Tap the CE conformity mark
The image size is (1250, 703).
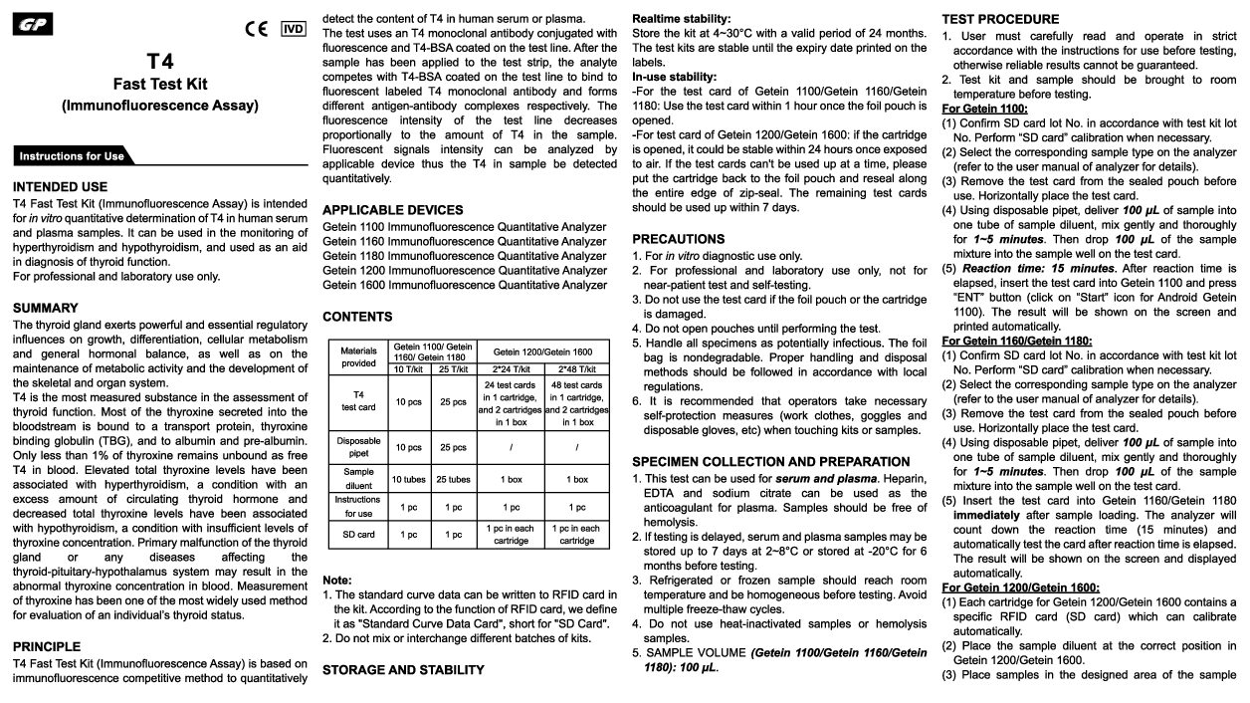click(257, 28)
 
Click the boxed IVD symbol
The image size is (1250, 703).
click(294, 28)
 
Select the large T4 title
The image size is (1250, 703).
click(159, 62)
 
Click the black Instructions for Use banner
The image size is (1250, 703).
click(72, 155)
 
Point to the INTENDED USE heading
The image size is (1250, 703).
click(60, 186)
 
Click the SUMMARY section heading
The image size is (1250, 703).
click(45, 308)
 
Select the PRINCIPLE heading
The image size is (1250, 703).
click(47, 646)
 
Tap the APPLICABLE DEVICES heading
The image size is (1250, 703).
click(393, 210)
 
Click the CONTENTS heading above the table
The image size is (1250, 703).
click(357, 317)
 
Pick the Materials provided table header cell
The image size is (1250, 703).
click(358, 356)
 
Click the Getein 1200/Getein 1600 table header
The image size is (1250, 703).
click(541, 351)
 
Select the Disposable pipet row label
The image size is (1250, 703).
click(358, 447)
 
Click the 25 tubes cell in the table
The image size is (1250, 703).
click(453, 479)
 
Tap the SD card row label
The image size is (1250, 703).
click(358, 535)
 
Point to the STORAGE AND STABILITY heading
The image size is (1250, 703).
click(403, 669)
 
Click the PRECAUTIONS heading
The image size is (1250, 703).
click(679, 239)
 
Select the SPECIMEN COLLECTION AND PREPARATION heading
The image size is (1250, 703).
click(771, 461)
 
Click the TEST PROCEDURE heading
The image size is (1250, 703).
click(1000, 19)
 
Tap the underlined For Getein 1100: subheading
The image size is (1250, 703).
click(985, 109)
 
